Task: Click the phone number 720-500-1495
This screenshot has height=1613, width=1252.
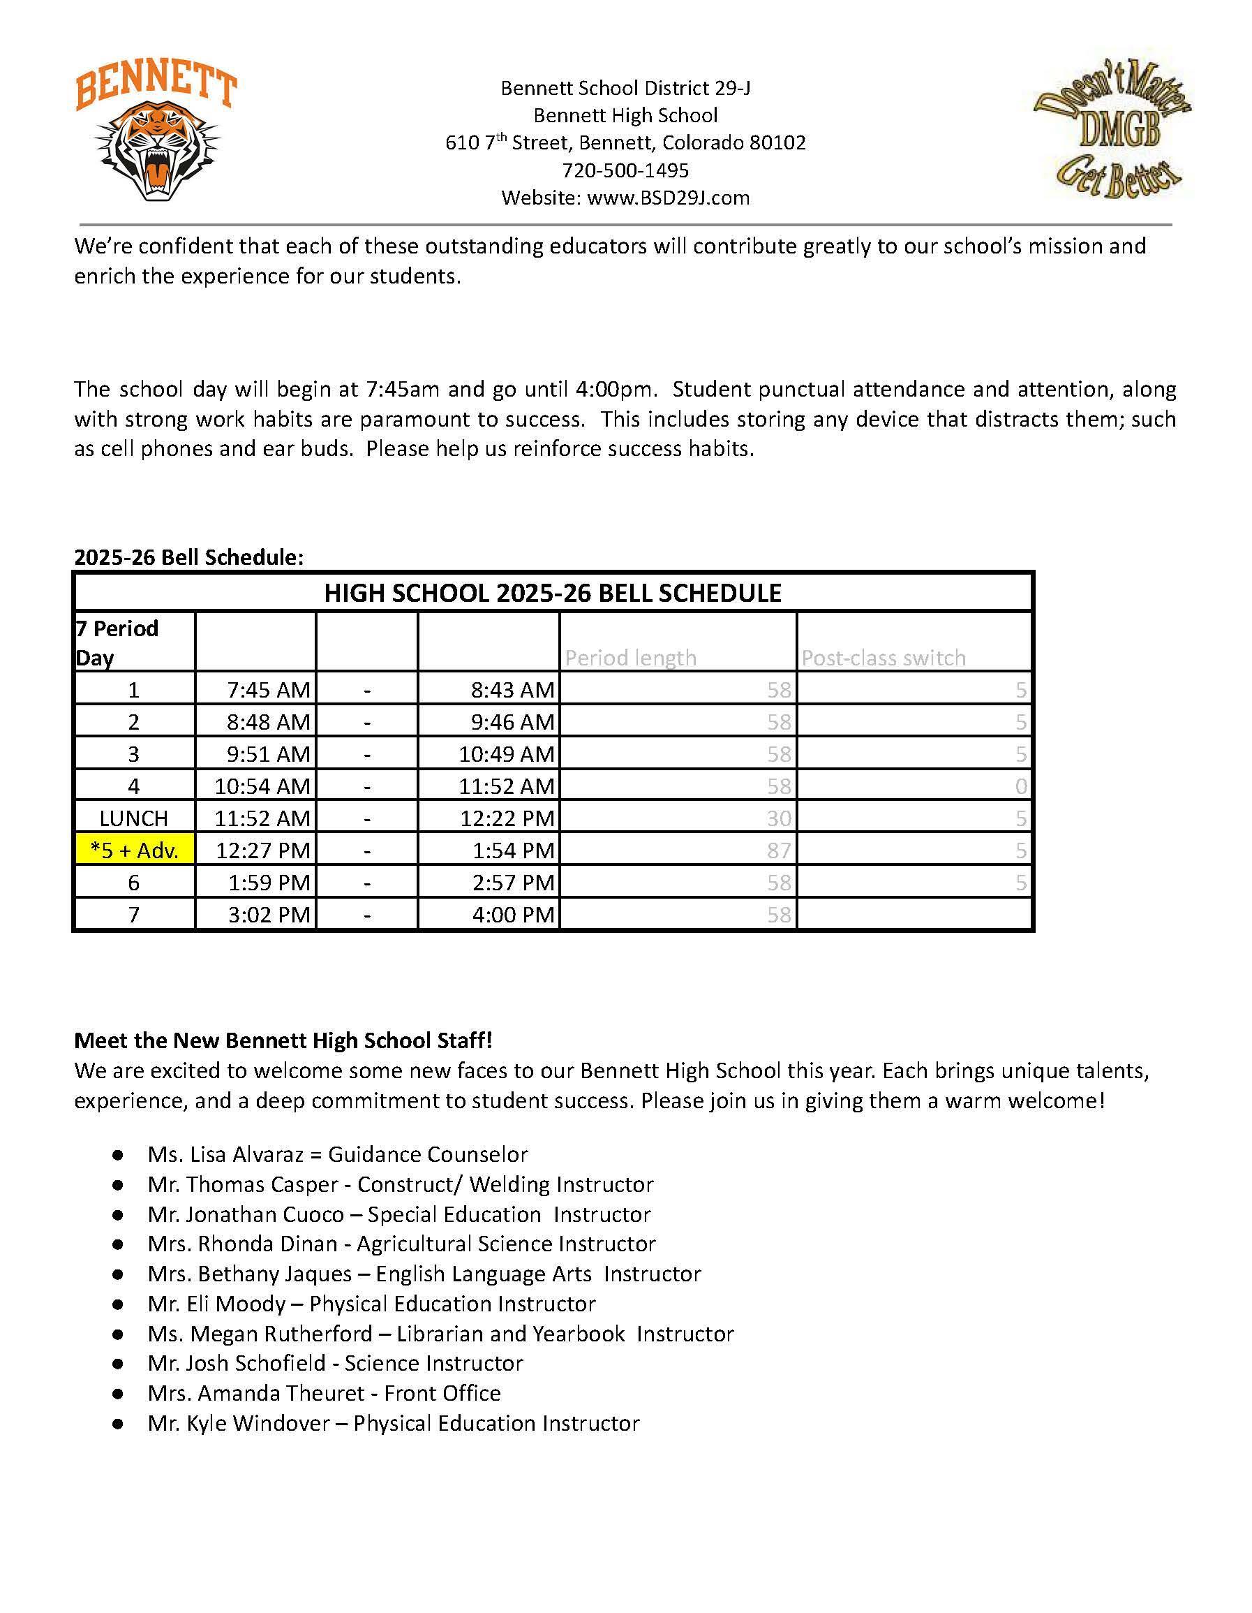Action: pos(625,170)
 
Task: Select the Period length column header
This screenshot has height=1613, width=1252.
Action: pos(630,657)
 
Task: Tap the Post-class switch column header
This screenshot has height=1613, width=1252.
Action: pos(883,657)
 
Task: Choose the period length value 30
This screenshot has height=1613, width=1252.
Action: pos(778,818)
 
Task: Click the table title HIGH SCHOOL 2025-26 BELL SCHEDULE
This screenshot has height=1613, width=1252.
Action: pos(552,593)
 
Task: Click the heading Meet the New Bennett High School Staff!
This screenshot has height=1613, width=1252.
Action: pos(283,1040)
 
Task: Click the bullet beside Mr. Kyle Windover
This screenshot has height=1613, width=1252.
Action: pos(117,1424)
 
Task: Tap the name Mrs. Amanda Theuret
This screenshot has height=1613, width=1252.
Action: pos(255,1394)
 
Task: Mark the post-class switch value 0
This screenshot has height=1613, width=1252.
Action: pos(1020,786)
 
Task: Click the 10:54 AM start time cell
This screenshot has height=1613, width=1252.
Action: pos(262,786)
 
